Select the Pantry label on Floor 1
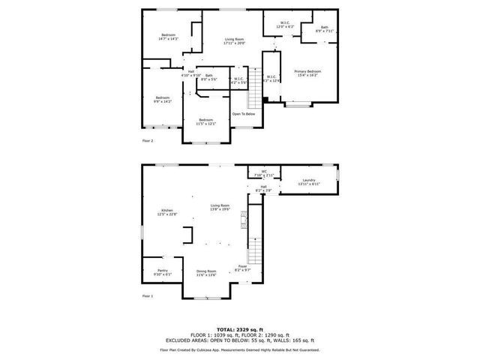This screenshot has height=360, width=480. pos(163,272)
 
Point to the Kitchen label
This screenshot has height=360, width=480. pos(166,212)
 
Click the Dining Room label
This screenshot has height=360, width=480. pos(206,273)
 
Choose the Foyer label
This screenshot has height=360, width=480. pos(243,267)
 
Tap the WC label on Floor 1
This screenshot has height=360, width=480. pos(264,173)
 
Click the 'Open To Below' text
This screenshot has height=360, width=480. pos(244,114)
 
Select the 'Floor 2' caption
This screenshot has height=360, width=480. pos(148,140)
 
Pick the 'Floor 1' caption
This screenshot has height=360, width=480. pos(148,296)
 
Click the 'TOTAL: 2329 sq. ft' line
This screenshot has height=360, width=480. pos(240,329)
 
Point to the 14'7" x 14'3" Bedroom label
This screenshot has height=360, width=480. pos(169,37)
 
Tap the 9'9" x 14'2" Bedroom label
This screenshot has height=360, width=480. pos(163,99)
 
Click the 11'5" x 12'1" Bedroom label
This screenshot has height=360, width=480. pos(205,121)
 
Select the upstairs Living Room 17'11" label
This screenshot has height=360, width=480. pos(235,41)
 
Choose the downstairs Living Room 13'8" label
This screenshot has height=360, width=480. pos(220,207)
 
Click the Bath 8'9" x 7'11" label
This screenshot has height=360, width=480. pos(324,30)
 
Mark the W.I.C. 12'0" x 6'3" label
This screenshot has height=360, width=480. pos(285,25)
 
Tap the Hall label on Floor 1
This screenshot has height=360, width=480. pos(263,188)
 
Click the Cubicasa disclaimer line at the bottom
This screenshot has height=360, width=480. pos(240,349)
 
